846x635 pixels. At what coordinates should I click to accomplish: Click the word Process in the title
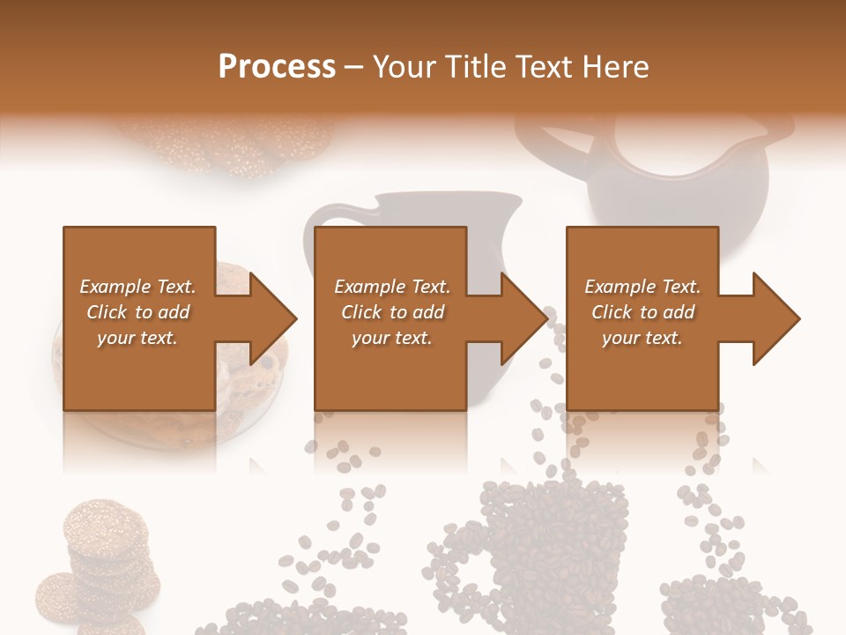pos(277,67)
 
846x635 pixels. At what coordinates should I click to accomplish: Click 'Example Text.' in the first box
pos(137,287)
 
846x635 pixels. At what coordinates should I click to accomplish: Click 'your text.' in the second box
pos(391,338)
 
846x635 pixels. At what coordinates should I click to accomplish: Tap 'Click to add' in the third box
pos(642,312)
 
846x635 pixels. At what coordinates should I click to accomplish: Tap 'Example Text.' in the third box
pos(642,287)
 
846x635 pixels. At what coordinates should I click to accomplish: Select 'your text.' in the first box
pos(137,338)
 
